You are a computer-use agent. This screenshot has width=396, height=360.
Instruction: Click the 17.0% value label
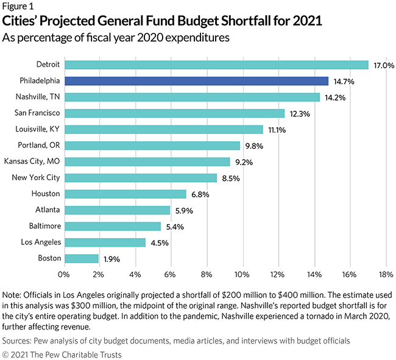(383, 65)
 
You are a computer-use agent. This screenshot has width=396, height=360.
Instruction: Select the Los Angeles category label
(38, 242)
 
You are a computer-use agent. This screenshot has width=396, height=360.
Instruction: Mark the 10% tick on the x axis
(243, 274)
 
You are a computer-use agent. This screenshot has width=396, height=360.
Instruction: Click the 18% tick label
(386, 274)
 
